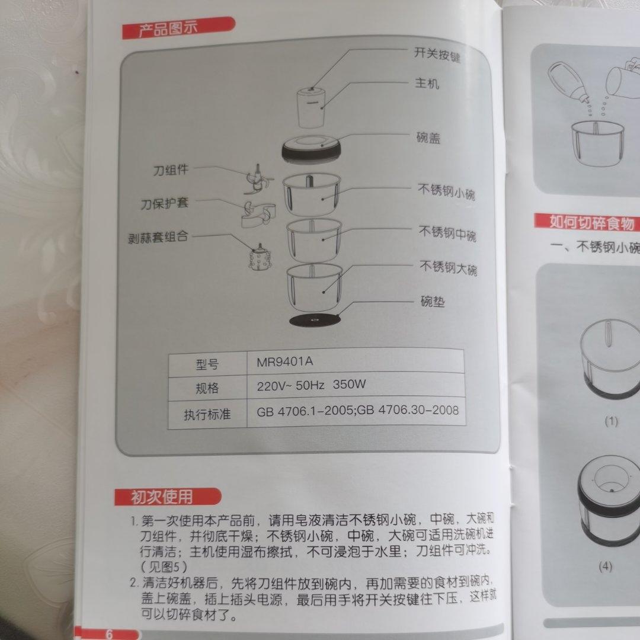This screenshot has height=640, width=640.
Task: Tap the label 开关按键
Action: click(x=437, y=55)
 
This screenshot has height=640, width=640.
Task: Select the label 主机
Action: click(x=427, y=84)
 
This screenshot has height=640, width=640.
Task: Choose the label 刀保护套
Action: click(x=164, y=204)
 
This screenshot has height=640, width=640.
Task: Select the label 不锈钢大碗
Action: click(x=448, y=268)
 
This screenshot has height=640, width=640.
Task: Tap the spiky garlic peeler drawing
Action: click(x=259, y=259)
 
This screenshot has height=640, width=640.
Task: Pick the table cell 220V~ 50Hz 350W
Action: click(x=311, y=386)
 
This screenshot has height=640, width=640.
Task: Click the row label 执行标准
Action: click(x=207, y=414)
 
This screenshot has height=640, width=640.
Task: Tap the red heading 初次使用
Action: click(x=161, y=497)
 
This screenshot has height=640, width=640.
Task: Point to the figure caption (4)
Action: click(x=604, y=567)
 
